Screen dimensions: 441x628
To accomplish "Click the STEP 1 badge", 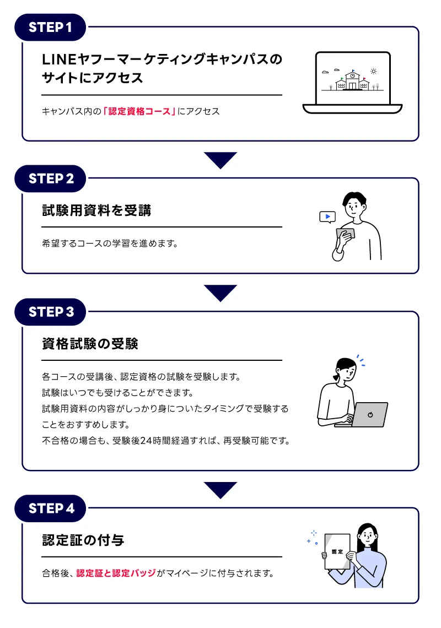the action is pos(50,27).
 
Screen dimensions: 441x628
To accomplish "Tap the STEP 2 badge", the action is pos(50,178).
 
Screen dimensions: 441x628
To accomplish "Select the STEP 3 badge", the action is pos(50,312).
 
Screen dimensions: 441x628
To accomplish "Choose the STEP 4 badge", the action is pos(50,508).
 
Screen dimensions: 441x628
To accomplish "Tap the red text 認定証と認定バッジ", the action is pos(116,573).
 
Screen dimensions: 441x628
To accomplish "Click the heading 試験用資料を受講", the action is pos(96,210).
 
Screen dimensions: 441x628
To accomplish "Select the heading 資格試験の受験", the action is pos(90,344).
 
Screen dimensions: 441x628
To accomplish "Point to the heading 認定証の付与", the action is pos(83,540).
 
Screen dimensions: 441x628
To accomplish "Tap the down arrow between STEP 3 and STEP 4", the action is pos(220,489).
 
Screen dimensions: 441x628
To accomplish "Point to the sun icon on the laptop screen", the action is pos(374,71).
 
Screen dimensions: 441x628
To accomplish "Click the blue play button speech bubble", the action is pos(327,216).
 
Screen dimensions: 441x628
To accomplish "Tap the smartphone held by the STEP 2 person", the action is pos(345,234).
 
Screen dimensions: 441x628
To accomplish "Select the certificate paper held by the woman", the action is pos(337,551).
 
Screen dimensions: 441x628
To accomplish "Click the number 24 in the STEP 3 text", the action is pos(146,441).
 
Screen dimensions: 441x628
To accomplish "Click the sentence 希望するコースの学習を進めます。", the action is pos(110,243).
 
